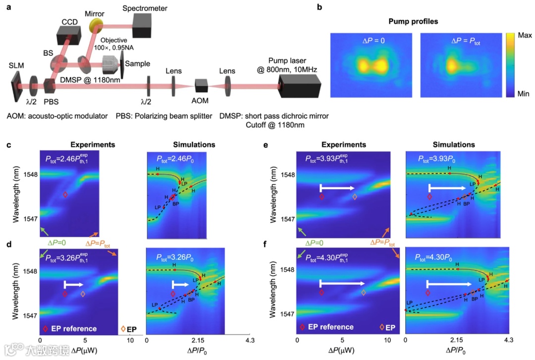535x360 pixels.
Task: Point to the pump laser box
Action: tap(299, 86)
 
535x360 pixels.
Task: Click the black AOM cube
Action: tap(201, 86)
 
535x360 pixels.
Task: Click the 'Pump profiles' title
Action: tap(422, 21)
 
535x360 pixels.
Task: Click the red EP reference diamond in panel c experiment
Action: tap(65, 195)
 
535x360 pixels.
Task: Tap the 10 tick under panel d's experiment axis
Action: tap(130, 341)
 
